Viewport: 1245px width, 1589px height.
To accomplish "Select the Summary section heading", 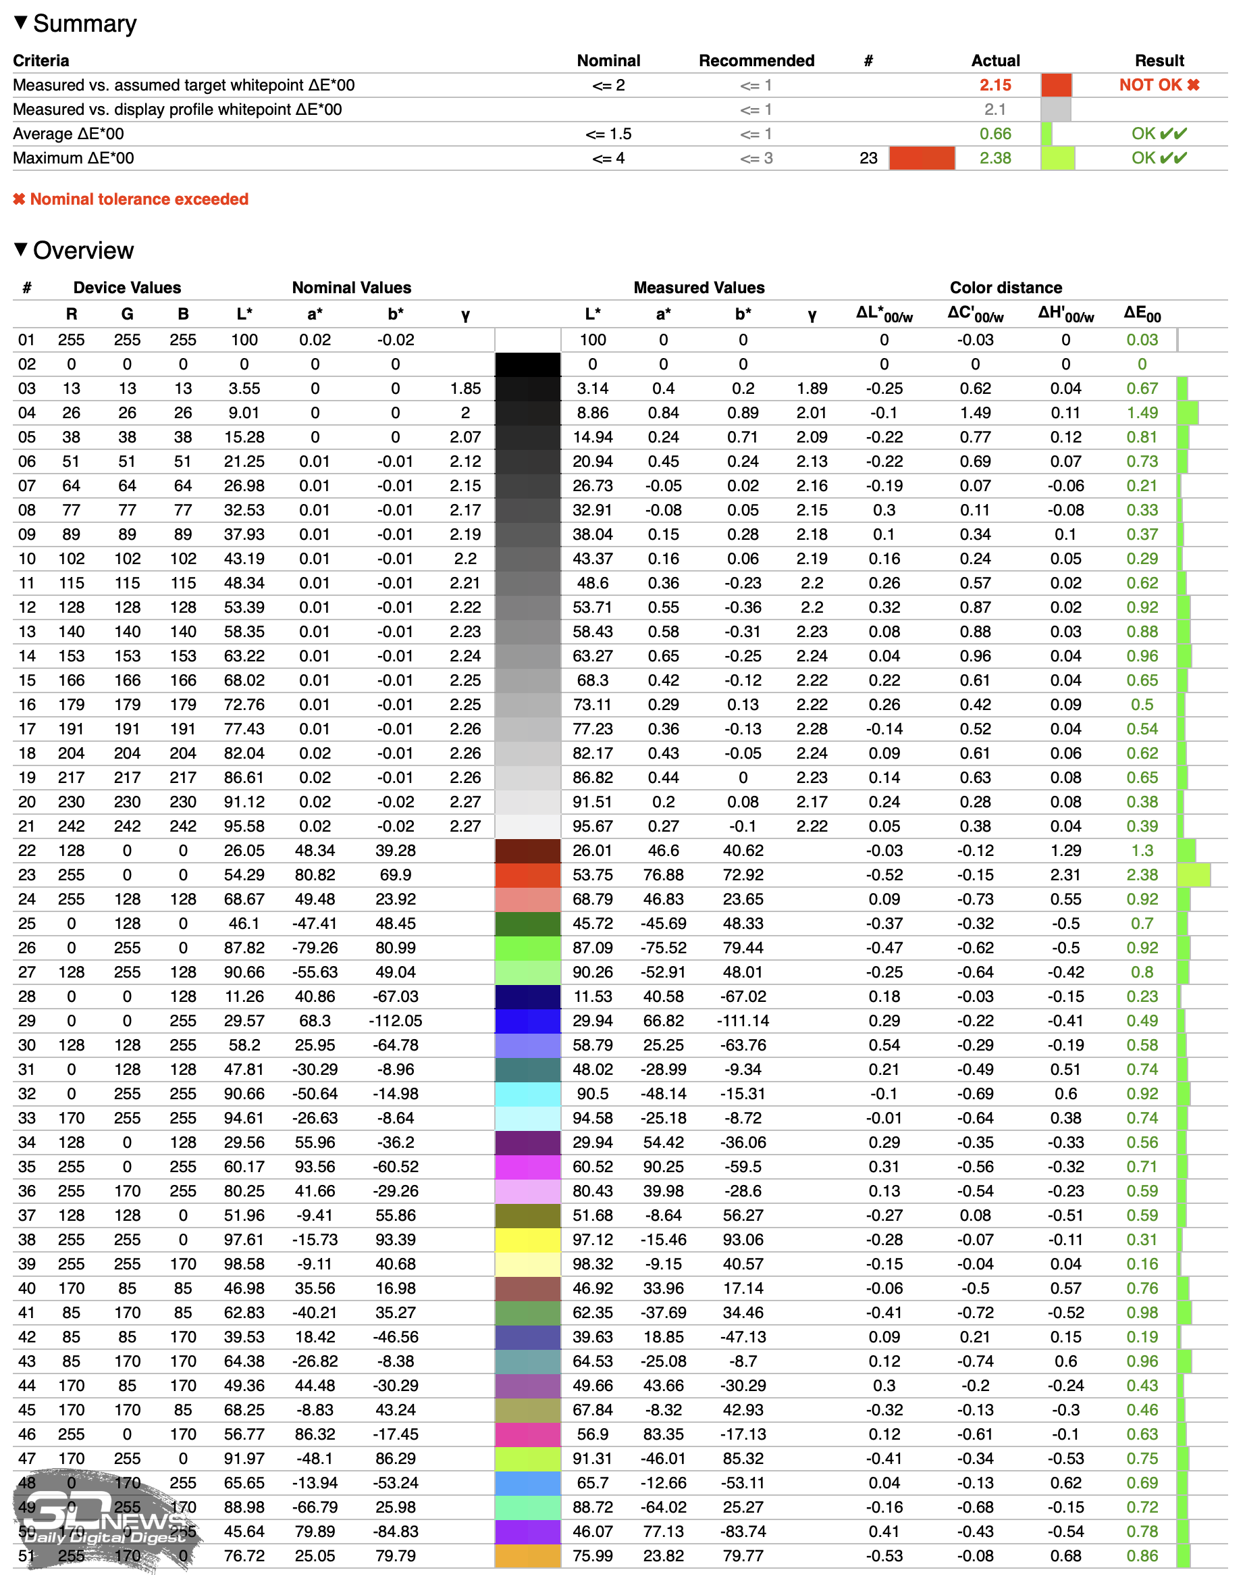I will click(84, 24).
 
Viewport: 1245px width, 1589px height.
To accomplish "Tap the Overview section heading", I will click(82, 250).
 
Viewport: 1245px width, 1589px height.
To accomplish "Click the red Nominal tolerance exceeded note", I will click(131, 199).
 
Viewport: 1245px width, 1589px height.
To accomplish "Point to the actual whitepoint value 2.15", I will click(995, 85).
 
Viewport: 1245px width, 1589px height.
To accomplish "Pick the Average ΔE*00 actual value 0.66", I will click(995, 134).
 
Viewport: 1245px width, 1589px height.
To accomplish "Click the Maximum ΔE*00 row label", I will click(74, 158).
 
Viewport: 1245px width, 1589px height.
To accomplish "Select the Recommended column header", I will click(756, 61).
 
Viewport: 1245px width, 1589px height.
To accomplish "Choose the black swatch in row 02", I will click(528, 364).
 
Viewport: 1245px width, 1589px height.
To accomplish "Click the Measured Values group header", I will click(698, 287).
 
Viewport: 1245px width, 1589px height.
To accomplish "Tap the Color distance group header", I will click(1005, 287).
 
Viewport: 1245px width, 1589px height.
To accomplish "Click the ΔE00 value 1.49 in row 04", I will click(1142, 413).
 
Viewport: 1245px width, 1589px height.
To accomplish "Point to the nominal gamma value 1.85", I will click(465, 388).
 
